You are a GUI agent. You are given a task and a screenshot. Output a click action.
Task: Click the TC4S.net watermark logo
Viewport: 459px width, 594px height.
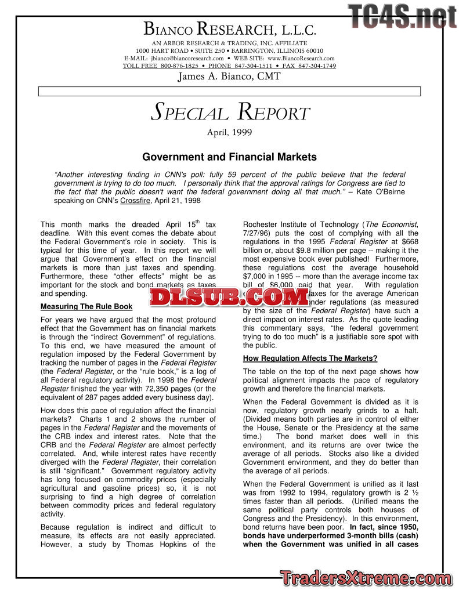tap(403, 16)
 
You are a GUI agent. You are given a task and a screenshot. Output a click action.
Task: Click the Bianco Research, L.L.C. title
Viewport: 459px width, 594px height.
tap(229, 28)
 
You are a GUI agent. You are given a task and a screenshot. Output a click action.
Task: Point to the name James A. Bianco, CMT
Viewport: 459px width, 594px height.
tap(229, 76)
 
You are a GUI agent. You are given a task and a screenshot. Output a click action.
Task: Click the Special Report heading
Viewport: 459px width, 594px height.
tap(230, 113)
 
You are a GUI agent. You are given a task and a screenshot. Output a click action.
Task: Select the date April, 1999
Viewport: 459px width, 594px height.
tap(229, 132)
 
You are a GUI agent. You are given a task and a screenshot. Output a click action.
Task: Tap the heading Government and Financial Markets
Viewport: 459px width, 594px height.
tap(229, 157)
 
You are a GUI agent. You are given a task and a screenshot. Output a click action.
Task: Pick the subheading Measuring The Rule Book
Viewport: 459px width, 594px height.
tap(86, 306)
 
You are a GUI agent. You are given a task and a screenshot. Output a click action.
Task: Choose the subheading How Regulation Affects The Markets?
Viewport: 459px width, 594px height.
tap(310, 358)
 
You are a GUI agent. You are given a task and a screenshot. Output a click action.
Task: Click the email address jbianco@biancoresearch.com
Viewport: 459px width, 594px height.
tap(187, 59)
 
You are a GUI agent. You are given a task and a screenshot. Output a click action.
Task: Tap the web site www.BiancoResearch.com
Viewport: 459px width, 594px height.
tap(301, 59)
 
